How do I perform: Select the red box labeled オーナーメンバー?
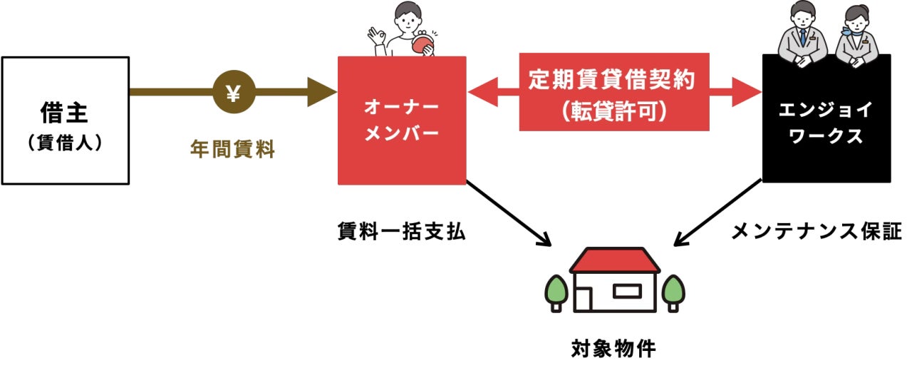pos(402,121)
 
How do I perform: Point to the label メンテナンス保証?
pos(817,231)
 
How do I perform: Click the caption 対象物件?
pos(614,349)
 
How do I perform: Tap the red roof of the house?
pos(614,260)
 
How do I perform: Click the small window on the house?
pos(627,291)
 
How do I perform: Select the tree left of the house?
pos(556,290)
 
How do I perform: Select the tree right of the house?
pos(673,290)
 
